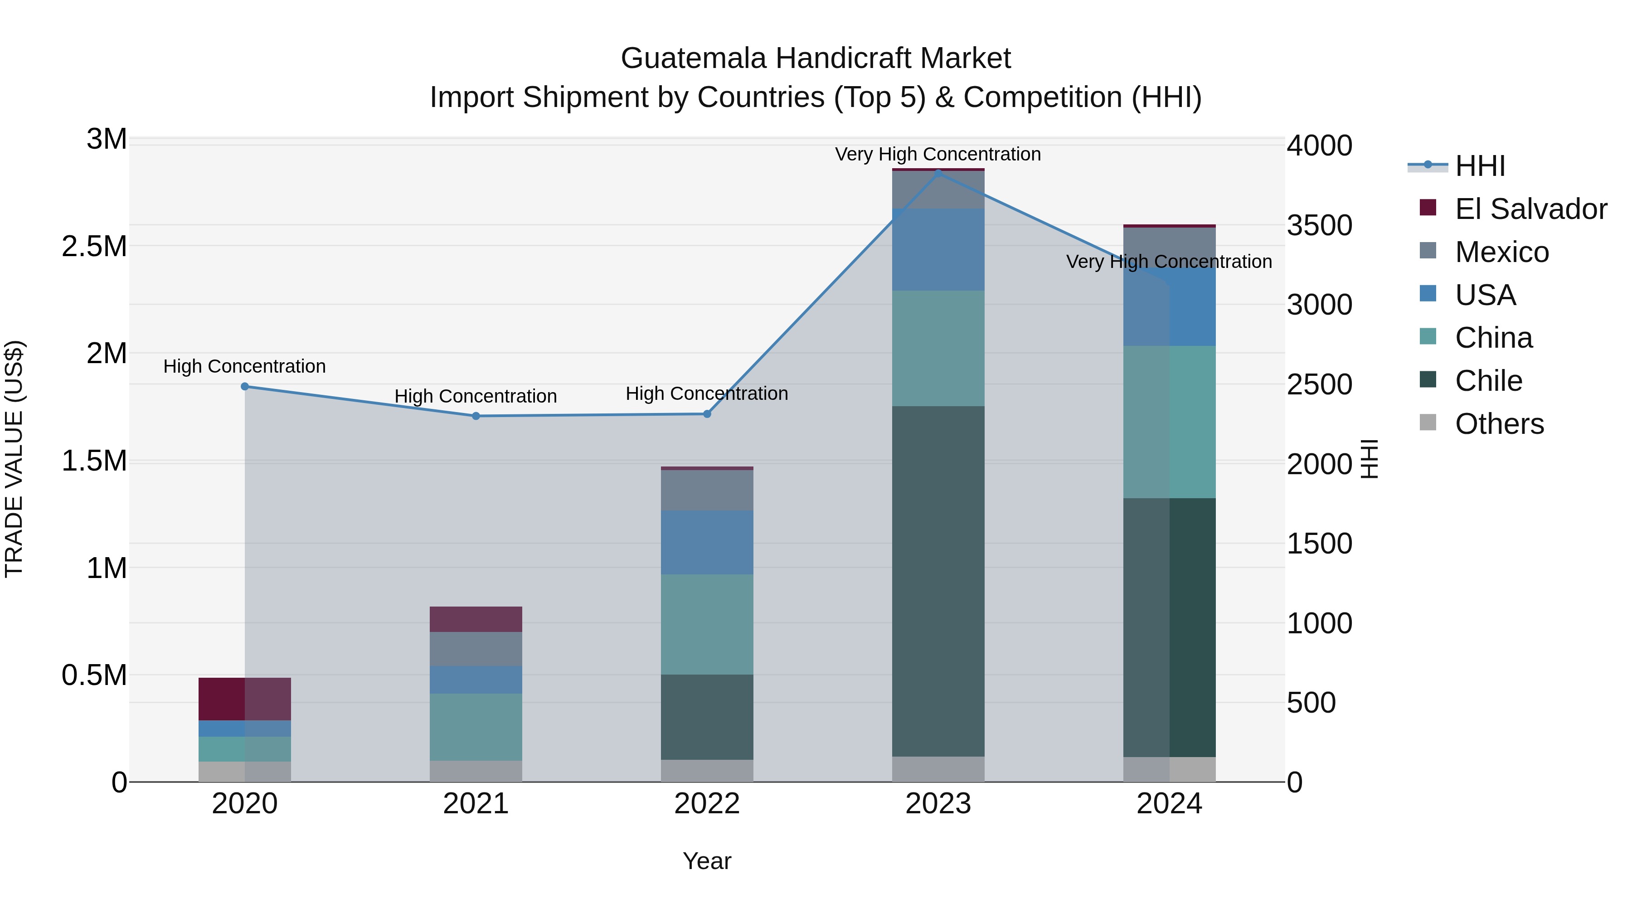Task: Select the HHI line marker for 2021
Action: (x=476, y=416)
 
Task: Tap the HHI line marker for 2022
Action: (x=707, y=414)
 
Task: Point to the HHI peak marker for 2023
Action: (x=938, y=173)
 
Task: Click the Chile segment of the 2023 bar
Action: (x=938, y=581)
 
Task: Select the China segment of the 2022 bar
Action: (x=707, y=624)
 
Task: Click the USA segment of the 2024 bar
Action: (x=1170, y=307)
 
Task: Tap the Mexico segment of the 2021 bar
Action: (x=476, y=649)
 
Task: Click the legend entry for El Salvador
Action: (x=1530, y=209)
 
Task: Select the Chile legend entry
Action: (x=1488, y=381)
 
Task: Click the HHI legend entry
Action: (x=1479, y=166)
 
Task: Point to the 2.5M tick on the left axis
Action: (x=94, y=247)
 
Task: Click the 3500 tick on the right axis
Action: (x=1319, y=226)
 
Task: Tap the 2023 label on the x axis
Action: (x=938, y=804)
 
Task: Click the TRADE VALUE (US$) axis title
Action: (x=14, y=459)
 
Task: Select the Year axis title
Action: (x=707, y=861)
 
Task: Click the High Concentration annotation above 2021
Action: (x=476, y=397)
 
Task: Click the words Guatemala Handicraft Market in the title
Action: (x=816, y=58)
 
